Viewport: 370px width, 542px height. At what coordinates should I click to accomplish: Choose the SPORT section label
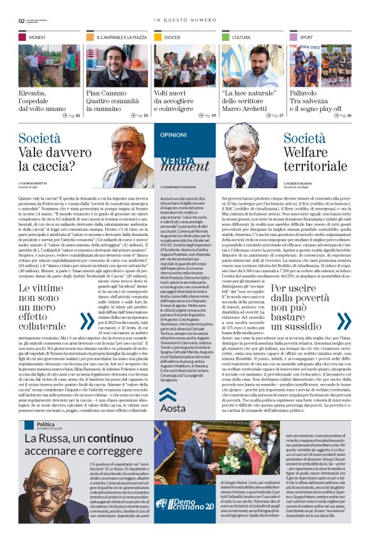pos(306,38)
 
